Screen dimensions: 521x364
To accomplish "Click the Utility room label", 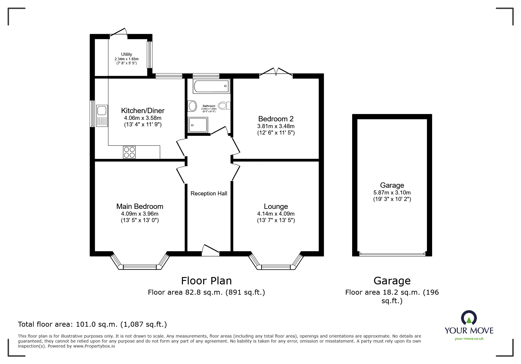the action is [x=126, y=54].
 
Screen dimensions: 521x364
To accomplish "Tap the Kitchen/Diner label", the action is [x=143, y=111].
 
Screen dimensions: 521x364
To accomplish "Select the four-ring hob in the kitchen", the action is [x=129, y=152].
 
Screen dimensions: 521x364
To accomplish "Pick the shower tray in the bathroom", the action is [x=198, y=125].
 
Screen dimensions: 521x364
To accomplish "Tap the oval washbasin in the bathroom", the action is [x=192, y=106].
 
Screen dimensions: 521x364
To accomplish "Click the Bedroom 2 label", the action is [x=276, y=119].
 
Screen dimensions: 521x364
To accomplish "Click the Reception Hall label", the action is [x=209, y=194].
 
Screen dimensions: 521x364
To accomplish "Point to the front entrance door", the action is [x=211, y=250].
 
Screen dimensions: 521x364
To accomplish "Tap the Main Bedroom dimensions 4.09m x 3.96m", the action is [x=140, y=214].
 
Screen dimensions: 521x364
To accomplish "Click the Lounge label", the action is [x=276, y=207].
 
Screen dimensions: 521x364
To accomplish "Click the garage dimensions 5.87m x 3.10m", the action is [x=392, y=193].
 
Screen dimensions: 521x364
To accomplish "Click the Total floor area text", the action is [x=92, y=324].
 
